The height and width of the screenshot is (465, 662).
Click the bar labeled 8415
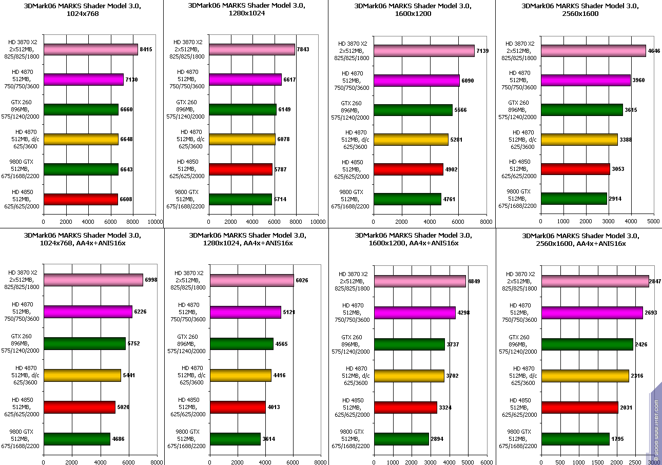(91, 49)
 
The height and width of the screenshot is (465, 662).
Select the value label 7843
(303, 49)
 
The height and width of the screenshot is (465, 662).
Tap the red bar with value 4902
(408, 169)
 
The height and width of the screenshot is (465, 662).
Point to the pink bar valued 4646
(593, 51)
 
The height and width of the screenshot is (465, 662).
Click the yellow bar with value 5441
(82, 376)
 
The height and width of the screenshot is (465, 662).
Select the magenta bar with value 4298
(415, 313)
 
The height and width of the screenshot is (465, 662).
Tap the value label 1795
(618, 439)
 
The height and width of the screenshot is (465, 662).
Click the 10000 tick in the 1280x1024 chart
(318, 222)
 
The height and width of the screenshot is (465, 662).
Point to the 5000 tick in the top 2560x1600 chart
(653, 222)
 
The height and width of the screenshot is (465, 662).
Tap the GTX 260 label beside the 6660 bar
(25, 109)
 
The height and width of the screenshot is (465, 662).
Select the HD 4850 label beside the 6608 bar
(25, 199)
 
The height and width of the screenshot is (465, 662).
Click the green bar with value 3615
(582, 110)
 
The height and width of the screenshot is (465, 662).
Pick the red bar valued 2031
(579, 408)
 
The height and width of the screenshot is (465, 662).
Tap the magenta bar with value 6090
(417, 81)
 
